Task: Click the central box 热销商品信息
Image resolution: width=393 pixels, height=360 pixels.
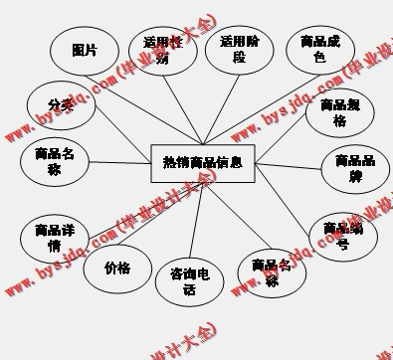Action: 203,162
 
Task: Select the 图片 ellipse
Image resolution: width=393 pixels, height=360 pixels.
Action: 84,51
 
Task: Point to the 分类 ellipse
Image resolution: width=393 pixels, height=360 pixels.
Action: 61,105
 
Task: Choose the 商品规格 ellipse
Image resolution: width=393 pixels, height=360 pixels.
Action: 339,114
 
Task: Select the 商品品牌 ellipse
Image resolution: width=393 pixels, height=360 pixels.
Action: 354,169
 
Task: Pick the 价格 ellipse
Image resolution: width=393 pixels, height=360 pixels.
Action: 116,269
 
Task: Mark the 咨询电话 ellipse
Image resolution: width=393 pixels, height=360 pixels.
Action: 189,280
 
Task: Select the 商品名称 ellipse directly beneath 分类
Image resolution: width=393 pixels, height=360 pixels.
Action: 54,161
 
